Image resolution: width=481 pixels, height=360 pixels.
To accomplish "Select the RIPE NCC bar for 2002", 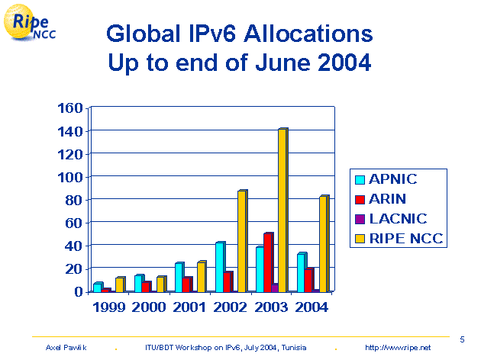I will (x=241, y=240).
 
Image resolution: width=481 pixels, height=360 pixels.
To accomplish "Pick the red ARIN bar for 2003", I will (x=268, y=262).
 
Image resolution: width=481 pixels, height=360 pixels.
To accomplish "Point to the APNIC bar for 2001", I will (x=179, y=277).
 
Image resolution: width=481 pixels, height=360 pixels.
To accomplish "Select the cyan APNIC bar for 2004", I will (x=302, y=272).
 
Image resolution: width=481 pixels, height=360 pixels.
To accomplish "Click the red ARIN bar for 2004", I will (x=308, y=279).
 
